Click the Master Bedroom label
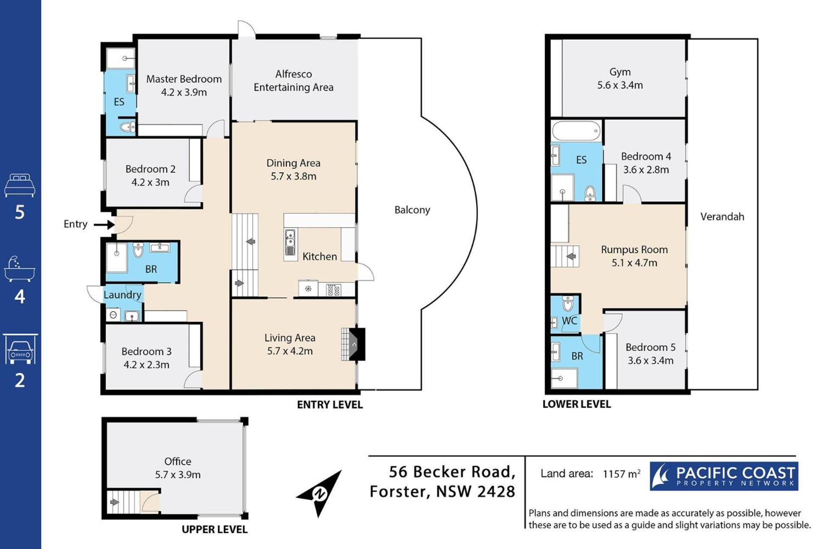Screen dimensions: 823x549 click(184, 79)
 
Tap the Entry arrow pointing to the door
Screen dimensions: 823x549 click(104, 224)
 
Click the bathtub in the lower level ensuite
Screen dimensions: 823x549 click(576, 130)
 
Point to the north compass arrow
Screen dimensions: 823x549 click(319, 494)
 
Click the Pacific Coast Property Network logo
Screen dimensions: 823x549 click(724, 476)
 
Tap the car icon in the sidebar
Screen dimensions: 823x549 click(20, 349)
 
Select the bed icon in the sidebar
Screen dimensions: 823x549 click(20, 185)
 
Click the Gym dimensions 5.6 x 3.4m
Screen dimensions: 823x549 click(620, 85)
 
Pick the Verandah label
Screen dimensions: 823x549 click(722, 217)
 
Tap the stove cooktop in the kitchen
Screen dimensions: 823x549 click(333, 290)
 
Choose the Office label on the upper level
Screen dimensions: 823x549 click(177, 462)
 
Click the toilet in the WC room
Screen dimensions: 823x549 click(568, 303)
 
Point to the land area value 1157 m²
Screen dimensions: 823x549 click(622, 474)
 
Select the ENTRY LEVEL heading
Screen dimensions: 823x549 click(330, 404)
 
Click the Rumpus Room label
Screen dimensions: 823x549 click(634, 250)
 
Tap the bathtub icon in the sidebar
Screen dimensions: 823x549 click(20, 269)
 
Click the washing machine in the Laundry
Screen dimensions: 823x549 click(114, 315)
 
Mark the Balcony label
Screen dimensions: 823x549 click(412, 210)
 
